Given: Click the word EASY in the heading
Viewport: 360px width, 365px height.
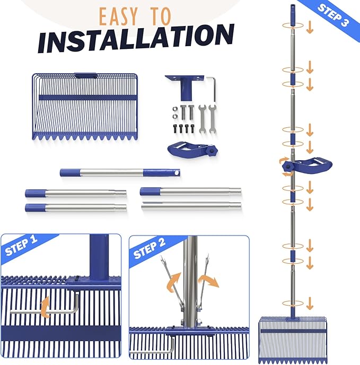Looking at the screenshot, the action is (118, 16).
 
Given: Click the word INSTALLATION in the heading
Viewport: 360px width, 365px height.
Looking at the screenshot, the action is (136, 38).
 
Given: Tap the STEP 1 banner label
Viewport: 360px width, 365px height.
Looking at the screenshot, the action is (21, 245).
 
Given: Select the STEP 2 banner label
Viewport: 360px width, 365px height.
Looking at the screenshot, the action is (149, 248).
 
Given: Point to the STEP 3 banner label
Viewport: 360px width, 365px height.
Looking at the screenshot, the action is (333, 15).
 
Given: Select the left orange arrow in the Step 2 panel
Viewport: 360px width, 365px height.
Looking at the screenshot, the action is (173, 282).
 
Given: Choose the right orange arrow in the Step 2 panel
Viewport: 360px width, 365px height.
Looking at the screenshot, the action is (209, 281).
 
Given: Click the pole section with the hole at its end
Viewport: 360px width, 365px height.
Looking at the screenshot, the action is (120, 173).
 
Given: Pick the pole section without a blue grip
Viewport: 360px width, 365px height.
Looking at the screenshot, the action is (191, 205).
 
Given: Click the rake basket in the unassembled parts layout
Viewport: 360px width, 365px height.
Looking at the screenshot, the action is (85, 107).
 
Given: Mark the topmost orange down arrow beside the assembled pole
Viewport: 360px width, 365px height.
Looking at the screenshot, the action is (310, 27).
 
